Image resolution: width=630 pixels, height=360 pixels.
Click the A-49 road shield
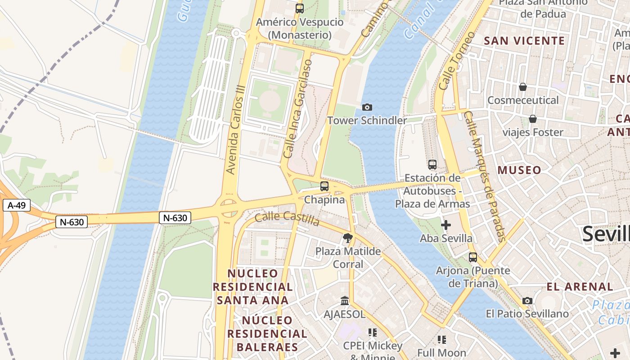click(x=17, y=206)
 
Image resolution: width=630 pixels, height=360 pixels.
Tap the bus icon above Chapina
click(x=324, y=186)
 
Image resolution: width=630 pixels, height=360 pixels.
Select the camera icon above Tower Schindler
click(x=367, y=107)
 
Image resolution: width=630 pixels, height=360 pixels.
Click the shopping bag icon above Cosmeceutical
click(x=523, y=86)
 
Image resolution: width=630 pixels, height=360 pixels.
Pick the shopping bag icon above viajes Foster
click(x=533, y=119)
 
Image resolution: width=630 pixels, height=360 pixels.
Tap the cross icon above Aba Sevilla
click(x=446, y=225)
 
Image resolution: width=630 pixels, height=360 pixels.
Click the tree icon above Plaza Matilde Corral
click(x=347, y=238)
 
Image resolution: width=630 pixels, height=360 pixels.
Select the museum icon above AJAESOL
click(x=345, y=301)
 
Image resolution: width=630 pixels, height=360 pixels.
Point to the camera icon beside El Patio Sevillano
click(x=527, y=301)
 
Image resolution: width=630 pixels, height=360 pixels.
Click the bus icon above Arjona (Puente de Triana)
click(x=473, y=257)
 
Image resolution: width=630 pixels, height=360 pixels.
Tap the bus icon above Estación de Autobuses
click(x=432, y=165)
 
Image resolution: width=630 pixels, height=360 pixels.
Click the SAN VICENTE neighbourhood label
click(x=524, y=41)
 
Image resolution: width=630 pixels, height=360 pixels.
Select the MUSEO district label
click(x=519, y=170)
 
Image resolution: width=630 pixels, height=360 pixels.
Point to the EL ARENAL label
click(x=580, y=287)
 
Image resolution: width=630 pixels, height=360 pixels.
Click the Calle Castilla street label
click(x=287, y=219)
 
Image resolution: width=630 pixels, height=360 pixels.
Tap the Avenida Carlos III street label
click(x=237, y=135)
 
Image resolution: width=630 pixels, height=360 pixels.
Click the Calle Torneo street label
click(x=457, y=61)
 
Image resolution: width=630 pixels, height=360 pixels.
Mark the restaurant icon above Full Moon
click(x=441, y=339)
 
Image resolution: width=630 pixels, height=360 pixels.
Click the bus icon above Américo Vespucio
click(x=300, y=8)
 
